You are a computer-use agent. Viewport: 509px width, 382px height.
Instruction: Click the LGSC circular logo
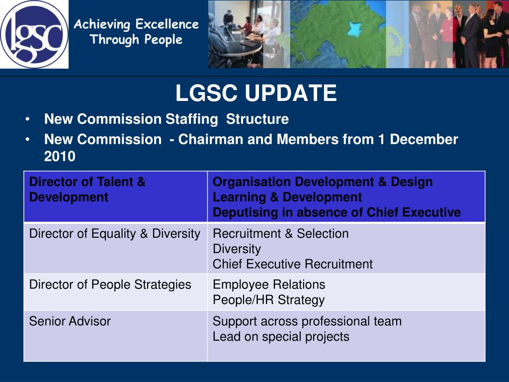tap(34, 34)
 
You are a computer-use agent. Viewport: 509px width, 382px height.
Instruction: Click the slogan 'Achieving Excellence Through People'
tap(136, 32)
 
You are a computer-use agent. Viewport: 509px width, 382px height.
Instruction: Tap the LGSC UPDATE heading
tap(256, 94)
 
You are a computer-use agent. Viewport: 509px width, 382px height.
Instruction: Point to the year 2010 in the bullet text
tap(60, 157)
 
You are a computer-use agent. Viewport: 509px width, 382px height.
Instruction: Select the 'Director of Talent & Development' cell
tap(87, 190)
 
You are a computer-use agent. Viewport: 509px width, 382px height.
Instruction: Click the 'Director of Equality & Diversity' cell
tap(114, 234)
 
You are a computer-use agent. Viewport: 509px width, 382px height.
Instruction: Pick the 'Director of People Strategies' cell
tap(110, 285)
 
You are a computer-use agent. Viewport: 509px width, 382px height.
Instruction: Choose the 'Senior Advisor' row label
tap(70, 321)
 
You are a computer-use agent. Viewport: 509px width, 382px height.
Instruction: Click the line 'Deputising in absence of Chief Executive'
tap(337, 213)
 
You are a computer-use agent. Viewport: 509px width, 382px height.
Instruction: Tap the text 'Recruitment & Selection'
tap(280, 234)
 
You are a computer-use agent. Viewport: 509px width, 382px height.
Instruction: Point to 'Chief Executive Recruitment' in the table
tap(292, 264)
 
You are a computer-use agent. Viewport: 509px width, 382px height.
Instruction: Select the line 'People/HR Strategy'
tap(268, 300)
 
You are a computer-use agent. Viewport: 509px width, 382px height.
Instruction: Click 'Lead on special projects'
tap(281, 337)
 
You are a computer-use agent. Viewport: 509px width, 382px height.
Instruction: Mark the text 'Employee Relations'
tap(269, 285)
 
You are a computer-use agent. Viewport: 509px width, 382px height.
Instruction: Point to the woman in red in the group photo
tap(446, 35)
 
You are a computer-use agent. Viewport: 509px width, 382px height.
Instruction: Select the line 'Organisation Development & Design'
tap(323, 182)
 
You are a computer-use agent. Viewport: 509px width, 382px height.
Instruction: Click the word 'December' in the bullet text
tap(424, 140)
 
